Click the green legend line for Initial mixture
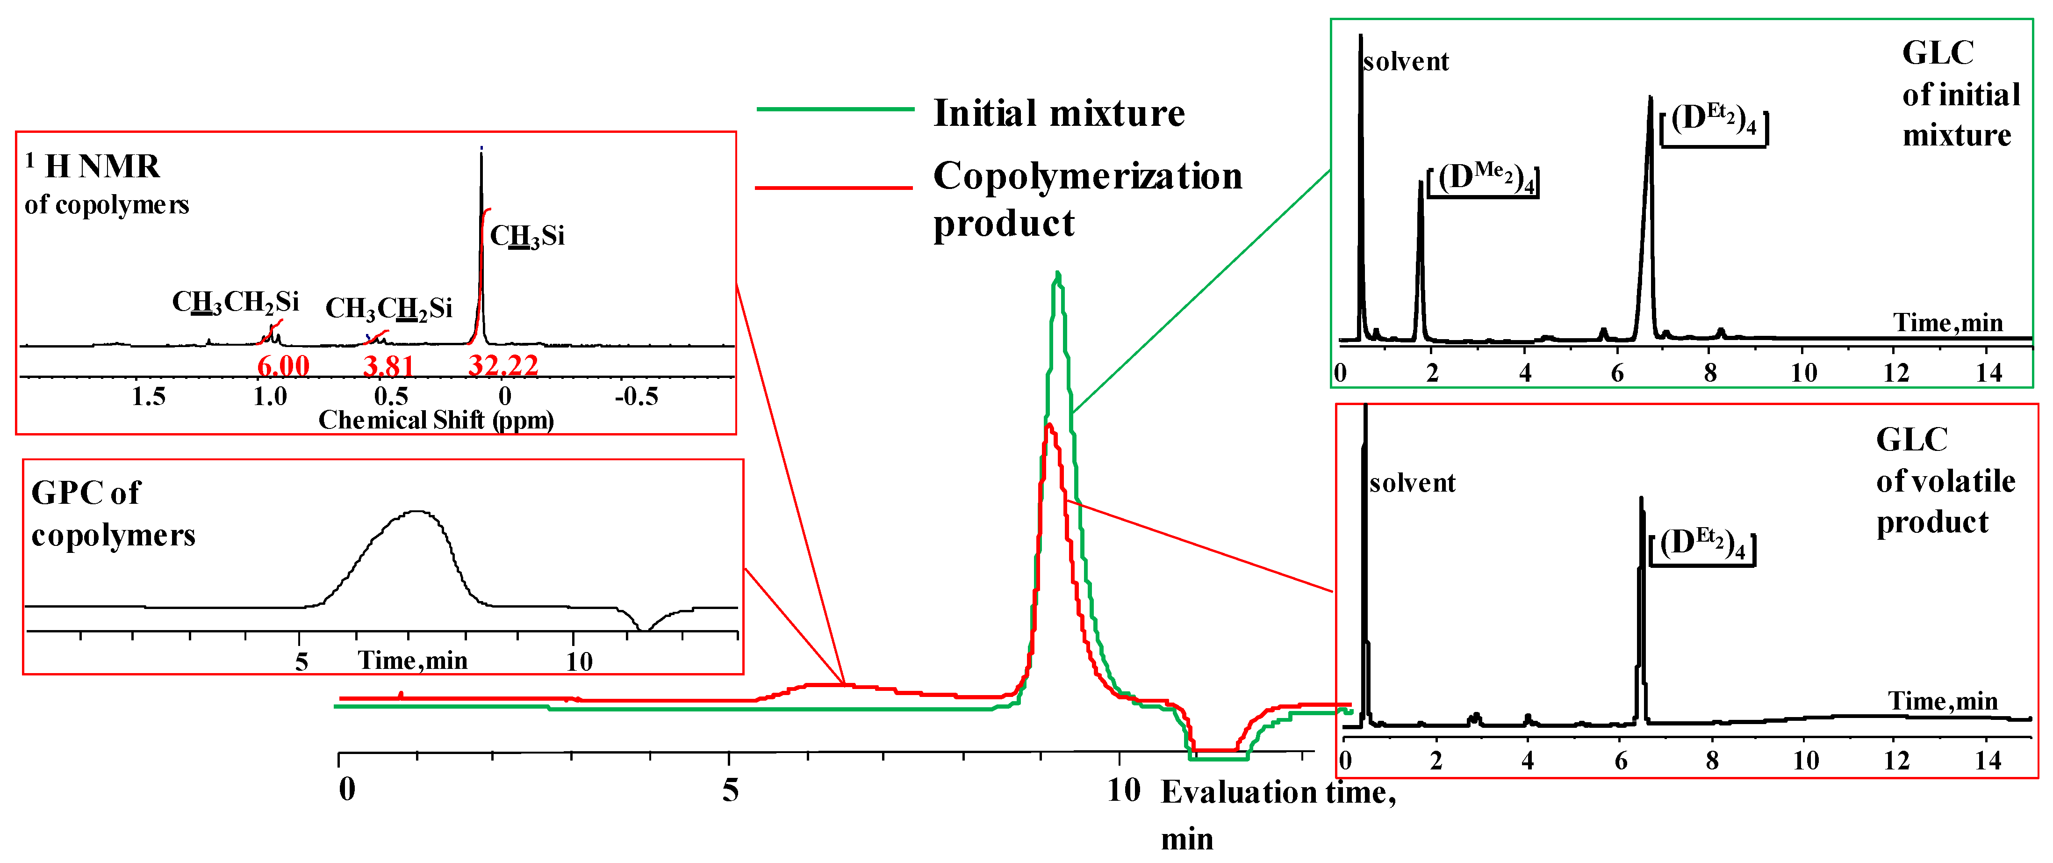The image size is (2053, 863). (x=835, y=109)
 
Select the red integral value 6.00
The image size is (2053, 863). (x=283, y=366)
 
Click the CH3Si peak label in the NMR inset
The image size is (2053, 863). (x=527, y=236)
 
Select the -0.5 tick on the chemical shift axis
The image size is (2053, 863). (x=636, y=396)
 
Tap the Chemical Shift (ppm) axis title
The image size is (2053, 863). (x=436, y=420)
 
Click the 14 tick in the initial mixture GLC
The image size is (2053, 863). (x=1989, y=372)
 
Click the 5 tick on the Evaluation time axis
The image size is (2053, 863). (x=730, y=790)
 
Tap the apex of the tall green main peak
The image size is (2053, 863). (x=1057, y=273)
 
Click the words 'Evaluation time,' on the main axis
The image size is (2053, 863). (x=1278, y=792)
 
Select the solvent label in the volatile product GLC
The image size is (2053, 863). (x=1412, y=483)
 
